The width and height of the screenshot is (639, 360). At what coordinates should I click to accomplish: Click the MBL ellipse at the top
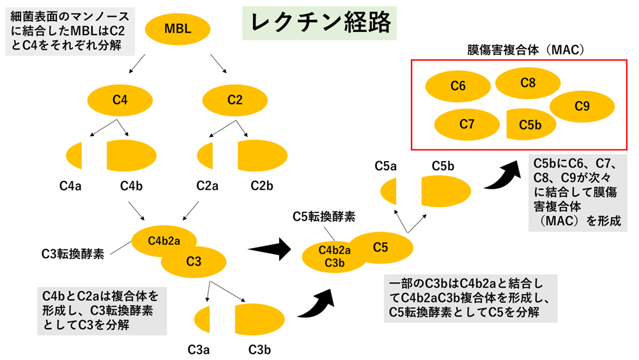coord(177,29)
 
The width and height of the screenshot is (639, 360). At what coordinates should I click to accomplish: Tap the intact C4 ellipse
coord(120,99)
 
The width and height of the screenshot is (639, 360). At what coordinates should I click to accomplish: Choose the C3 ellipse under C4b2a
coord(194,261)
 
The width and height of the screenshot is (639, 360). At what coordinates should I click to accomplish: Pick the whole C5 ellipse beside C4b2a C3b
coord(381,247)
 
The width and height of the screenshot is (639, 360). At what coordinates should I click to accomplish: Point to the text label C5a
coord(385,166)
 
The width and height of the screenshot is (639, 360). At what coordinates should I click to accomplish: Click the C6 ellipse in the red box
coord(458,86)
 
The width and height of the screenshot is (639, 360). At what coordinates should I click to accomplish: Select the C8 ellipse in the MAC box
coord(528,82)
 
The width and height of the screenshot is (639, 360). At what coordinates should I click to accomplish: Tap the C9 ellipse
coord(581,106)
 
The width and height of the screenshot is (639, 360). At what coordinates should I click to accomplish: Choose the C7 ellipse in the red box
coord(466,125)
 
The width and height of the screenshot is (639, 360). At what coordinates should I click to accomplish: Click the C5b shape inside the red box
coord(530,125)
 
